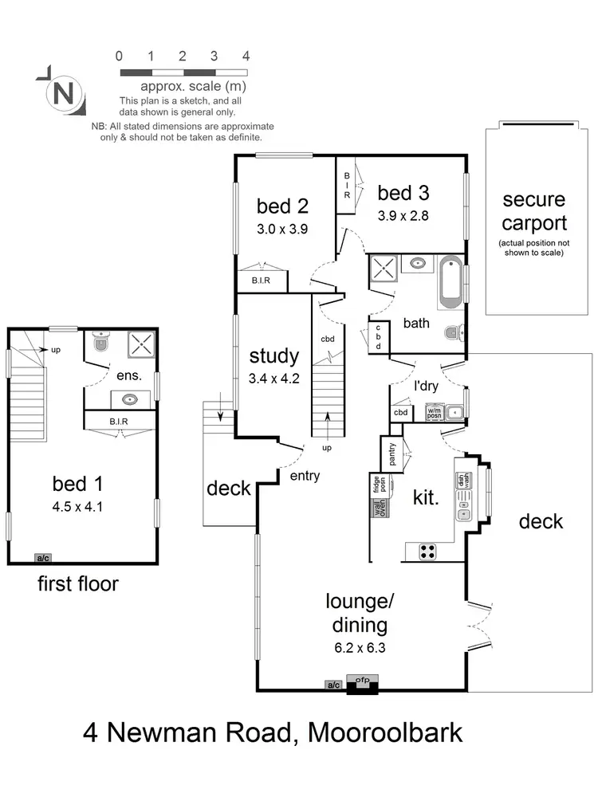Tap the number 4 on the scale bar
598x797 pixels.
pyautogui.click(x=246, y=57)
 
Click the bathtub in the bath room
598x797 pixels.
pyautogui.click(x=450, y=282)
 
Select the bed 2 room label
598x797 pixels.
pyautogui.click(x=282, y=206)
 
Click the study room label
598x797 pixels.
pyautogui.click(x=273, y=356)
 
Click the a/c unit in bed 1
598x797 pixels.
pyautogui.click(x=41, y=558)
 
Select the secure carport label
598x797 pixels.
pyautogui.click(x=534, y=212)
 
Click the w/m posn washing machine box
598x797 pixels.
pyautogui.click(x=434, y=413)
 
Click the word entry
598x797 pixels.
pyautogui.click(x=305, y=476)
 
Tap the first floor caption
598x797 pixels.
pyautogui.click(x=78, y=584)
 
